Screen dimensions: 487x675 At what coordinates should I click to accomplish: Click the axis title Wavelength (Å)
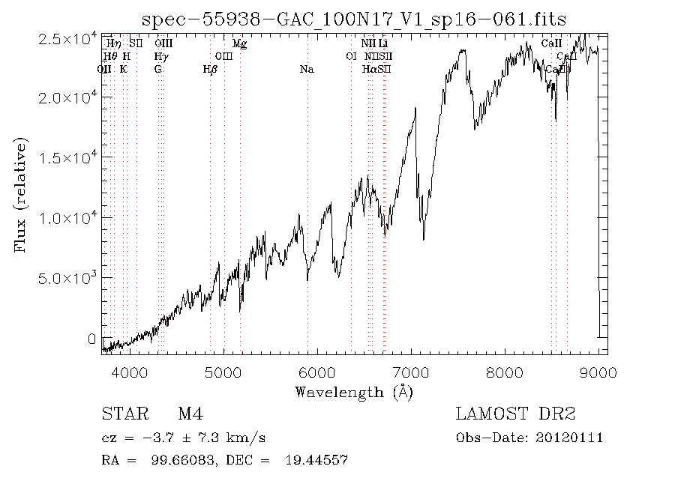tap(354, 392)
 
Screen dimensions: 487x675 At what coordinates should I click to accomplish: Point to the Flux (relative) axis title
tap(20, 195)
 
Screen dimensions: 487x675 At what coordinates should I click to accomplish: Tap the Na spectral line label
tap(306, 70)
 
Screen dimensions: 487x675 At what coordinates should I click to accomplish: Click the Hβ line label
tap(210, 70)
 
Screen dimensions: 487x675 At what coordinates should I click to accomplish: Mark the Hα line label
tap(369, 70)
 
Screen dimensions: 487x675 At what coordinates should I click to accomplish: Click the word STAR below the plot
tap(121, 414)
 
